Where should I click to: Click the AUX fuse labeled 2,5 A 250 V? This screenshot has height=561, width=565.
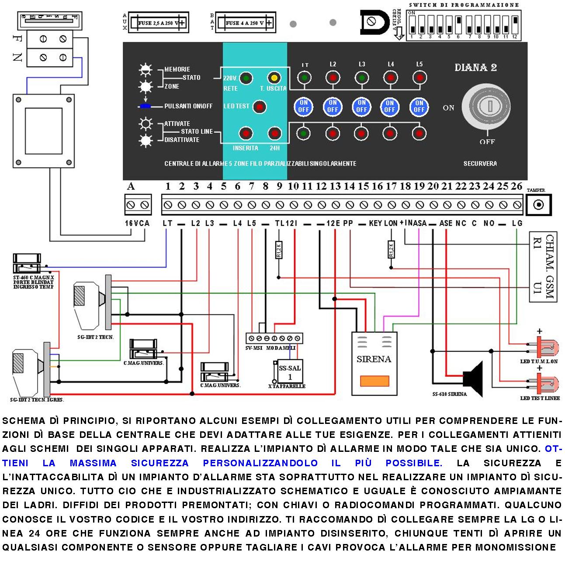coord(160,23)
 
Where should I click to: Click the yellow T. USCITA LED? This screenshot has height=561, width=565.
coord(274,78)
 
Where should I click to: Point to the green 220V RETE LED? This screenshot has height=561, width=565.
coord(246,78)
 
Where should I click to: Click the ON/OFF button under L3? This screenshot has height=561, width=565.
coord(361,106)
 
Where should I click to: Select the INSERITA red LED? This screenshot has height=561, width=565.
coord(246,134)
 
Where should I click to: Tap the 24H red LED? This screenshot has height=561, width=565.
coord(274,134)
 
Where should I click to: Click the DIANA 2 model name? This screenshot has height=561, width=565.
coord(475,68)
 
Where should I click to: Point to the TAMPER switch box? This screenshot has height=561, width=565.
coord(538,204)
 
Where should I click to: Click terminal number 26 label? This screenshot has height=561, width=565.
coord(516,186)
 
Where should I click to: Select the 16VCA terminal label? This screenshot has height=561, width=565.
coord(137,223)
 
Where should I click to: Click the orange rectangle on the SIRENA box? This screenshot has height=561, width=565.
coord(374,381)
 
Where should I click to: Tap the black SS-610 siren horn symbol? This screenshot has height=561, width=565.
coord(473,379)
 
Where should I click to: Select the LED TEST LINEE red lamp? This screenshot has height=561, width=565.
coord(546,385)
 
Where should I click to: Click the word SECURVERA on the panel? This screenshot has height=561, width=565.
coord(480,163)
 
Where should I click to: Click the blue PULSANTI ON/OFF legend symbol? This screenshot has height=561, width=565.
coord(146,106)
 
